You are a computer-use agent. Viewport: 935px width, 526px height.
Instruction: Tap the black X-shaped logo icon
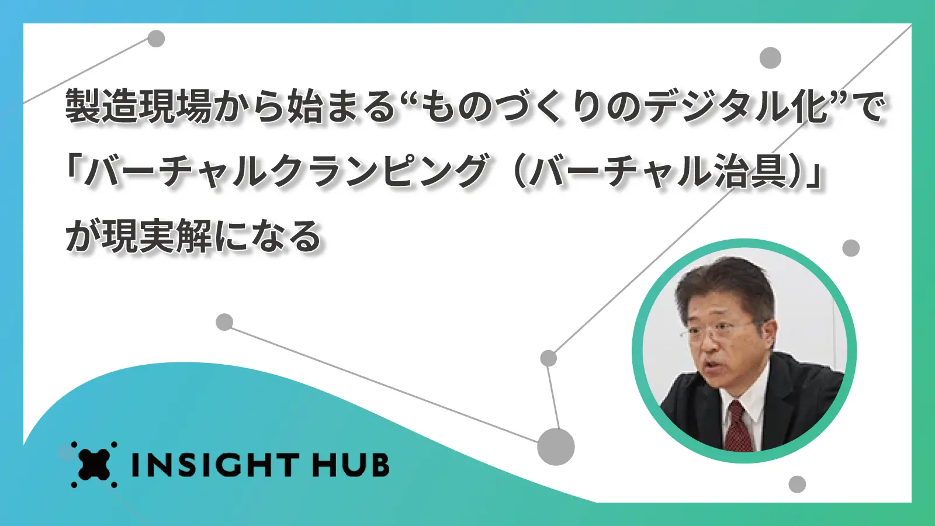pyautogui.click(x=94, y=464)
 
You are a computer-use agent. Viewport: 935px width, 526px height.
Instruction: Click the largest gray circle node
pyautogui.click(x=556, y=447)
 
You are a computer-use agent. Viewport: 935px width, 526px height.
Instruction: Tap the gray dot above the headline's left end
pyautogui.click(x=156, y=39)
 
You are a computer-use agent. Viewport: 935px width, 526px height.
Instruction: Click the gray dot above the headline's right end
pyautogui.click(x=770, y=58)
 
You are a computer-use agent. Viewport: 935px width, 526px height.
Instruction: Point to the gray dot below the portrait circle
pyautogui.click(x=797, y=485)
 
